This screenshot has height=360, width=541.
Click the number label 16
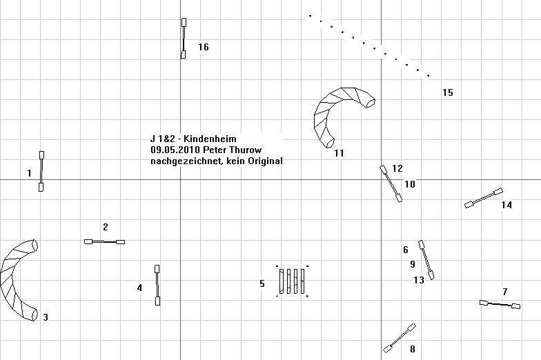coord(204,47)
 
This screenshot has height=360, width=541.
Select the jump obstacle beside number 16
coord(184,39)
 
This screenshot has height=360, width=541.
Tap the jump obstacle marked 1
coord(41,171)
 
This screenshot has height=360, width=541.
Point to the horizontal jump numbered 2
coord(105,241)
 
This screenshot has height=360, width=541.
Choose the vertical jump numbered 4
coord(157,286)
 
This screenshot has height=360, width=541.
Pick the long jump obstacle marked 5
coord(293,281)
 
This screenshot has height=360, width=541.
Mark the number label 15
coord(447,92)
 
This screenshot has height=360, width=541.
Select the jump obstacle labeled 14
coord(483,199)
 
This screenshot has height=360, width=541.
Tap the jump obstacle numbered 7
coord(500,305)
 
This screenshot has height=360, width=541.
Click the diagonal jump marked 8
coord(399,338)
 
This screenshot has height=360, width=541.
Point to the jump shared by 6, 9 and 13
coord(426,260)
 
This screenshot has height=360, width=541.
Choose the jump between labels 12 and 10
coord(391,183)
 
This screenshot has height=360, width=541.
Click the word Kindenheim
coord(210,139)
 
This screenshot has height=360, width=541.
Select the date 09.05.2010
coord(175,150)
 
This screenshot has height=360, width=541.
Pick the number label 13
coord(419,280)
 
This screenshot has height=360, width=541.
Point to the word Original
coord(265,161)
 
